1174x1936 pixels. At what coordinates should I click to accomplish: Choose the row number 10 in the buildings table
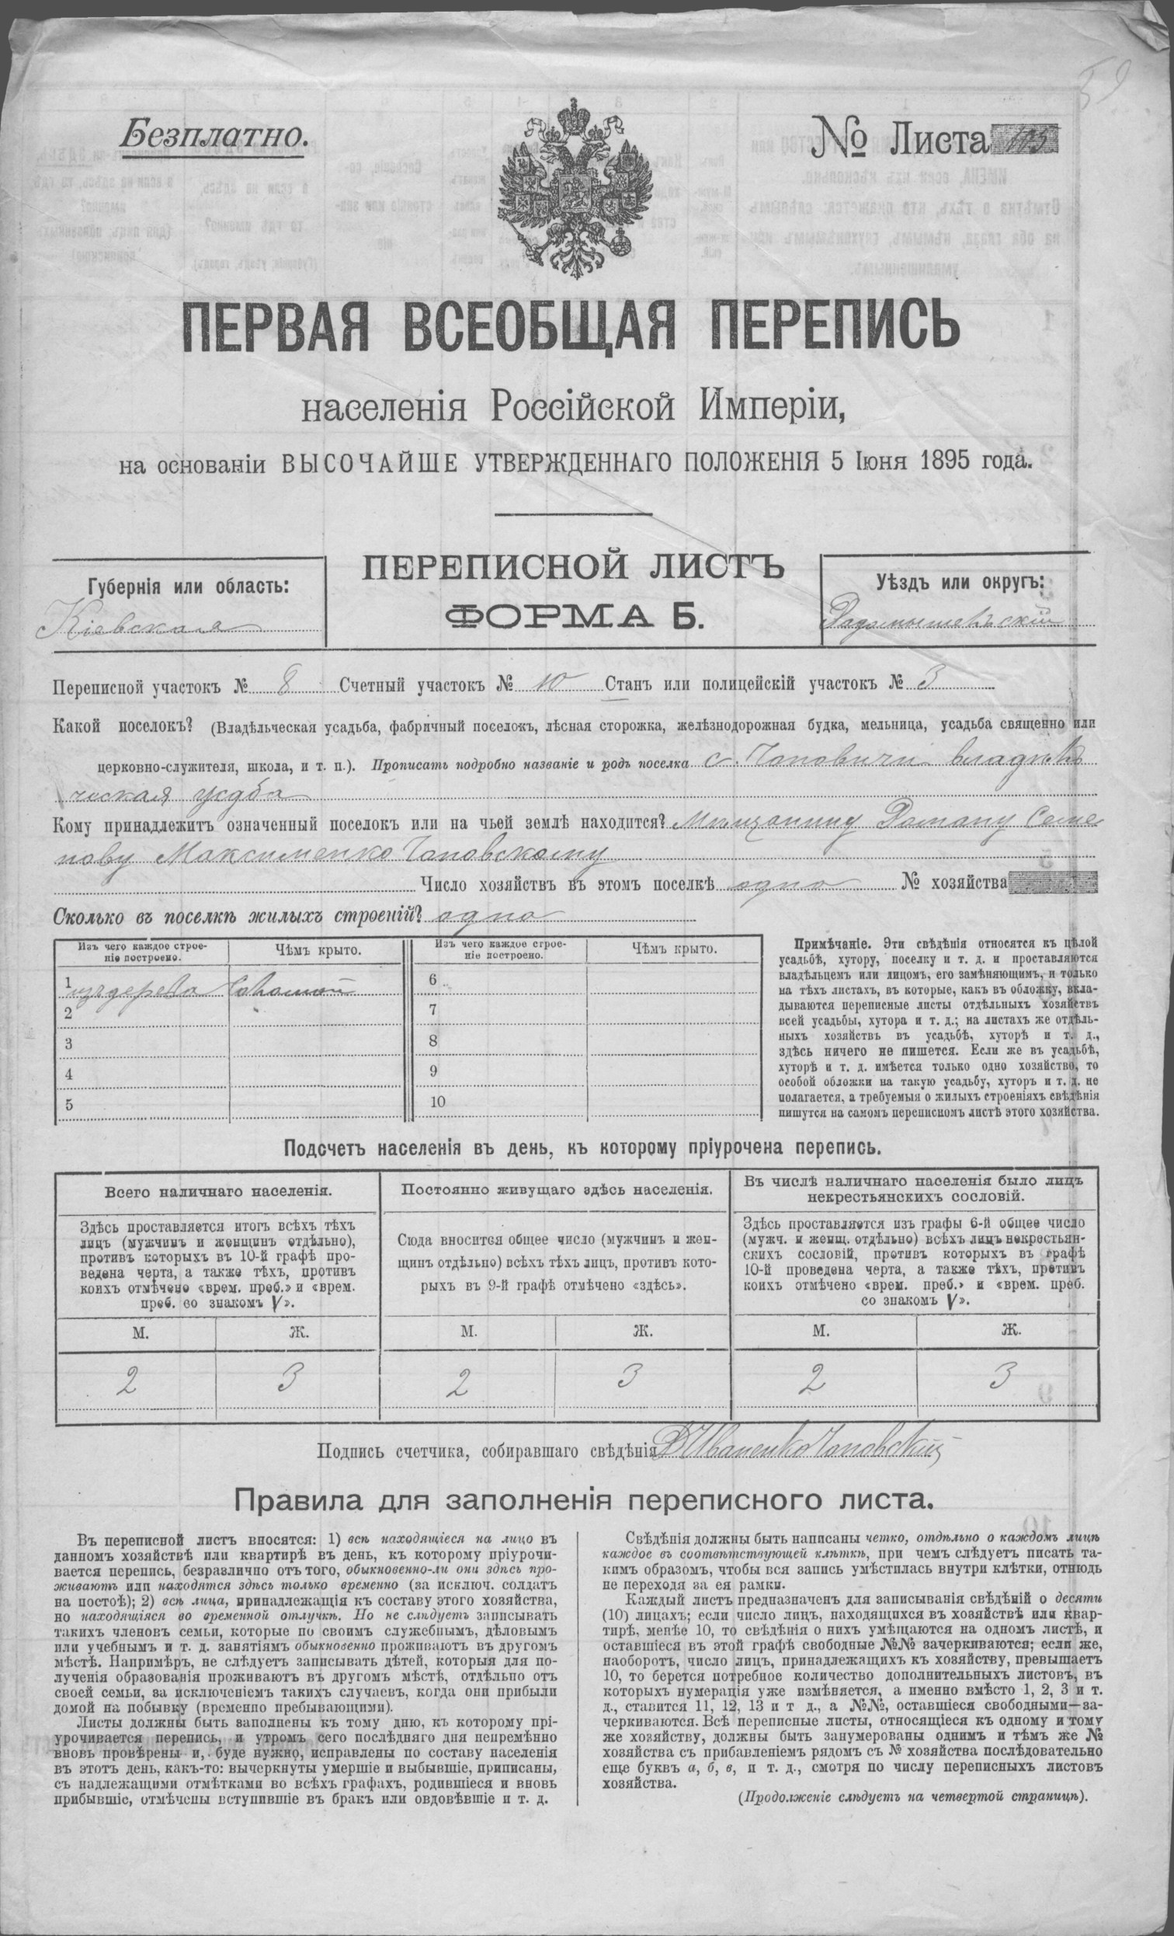point(436,1102)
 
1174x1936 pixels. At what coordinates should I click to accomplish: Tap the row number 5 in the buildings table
point(69,1103)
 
